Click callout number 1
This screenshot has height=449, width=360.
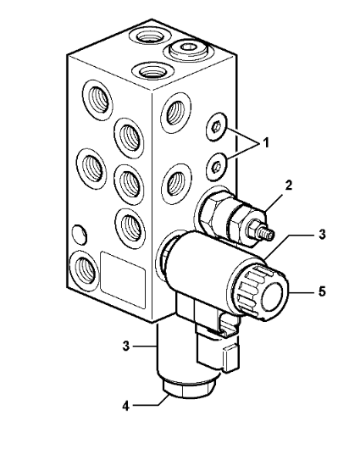pyautogui.click(x=266, y=142)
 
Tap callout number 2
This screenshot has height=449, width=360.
pyautogui.click(x=289, y=186)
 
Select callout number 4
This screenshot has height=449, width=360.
pyautogui.click(x=126, y=406)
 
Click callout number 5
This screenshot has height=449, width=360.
pyautogui.click(x=322, y=291)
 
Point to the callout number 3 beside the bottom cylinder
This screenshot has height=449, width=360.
pyautogui.click(x=126, y=346)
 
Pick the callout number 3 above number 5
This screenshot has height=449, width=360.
pyautogui.click(x=322, y=234)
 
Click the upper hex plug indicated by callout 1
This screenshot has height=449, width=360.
pyautogui.click(x=217, y=126)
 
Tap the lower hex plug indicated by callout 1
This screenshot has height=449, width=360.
pyautogui.click(x=216, y=167)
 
